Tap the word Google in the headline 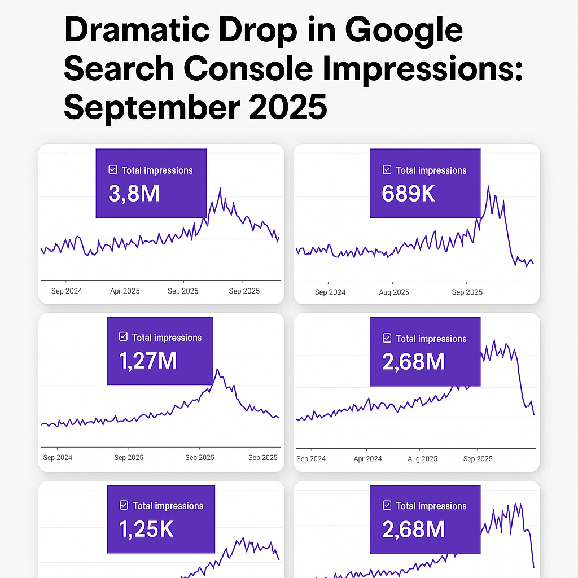pyautogui.click(x=404, y=32)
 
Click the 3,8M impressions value pyautogui.click(x=134, y=194)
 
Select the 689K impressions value pyautogui.click(x=408, y=194)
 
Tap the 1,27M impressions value pyautogui.click(x=148, y=361)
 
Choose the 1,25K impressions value pyautogui.click(x=146, y=529)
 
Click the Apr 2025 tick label pyautogui.click(x=125, y=291)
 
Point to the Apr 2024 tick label pyautogui.click(x=367, y=459)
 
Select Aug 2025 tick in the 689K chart pyautogui.click(x=393, y=292)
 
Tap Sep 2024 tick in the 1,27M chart pyautogui.click(x=58, y=458)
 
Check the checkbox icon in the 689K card pyautogui.click(x=387, y=170)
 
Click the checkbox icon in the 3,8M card pyautogui.click(x=113, y=170)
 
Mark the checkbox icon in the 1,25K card pyautogui.click(x=124, y=506)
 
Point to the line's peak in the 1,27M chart pyautogui.click(x=218, y=370)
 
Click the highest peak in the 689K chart pyautogui.click(x=488, y=186)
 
